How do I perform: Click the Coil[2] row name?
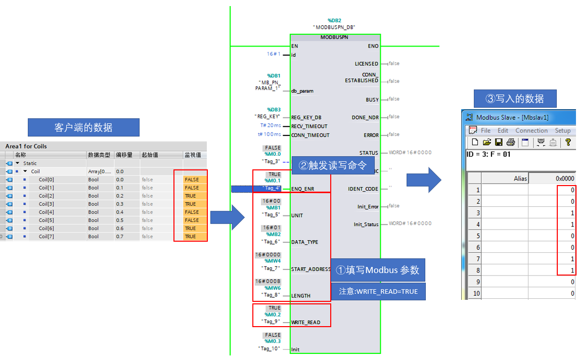47,196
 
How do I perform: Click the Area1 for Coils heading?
26,146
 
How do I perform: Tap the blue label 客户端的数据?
83,127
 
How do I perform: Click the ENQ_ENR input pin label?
302,189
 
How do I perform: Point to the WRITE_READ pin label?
305,322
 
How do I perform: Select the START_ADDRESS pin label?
311,269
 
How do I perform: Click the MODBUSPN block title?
335,37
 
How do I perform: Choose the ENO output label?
373,46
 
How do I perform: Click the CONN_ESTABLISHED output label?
362,77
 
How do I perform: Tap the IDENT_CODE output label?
363,189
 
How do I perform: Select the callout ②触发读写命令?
332,165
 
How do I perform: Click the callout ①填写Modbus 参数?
378,270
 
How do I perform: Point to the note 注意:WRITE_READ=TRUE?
378,291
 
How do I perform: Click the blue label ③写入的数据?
514,98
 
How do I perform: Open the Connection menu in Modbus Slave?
531,130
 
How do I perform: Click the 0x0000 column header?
565,178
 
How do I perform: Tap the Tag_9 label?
271,321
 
